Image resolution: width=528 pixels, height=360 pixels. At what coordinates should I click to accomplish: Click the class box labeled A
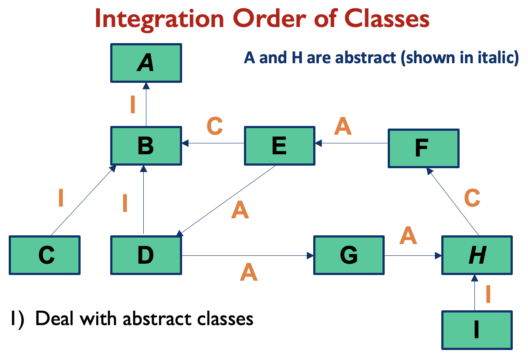146,63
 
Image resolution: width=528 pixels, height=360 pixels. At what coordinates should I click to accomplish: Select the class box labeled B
146,146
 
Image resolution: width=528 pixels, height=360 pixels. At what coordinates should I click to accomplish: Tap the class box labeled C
45,255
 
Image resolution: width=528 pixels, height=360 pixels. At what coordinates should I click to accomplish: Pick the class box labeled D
146,255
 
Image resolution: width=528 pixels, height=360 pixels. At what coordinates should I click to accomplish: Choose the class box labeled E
279,146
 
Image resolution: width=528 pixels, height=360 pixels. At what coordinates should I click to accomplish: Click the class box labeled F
423,148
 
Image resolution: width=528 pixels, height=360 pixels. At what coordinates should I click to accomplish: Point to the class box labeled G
349,255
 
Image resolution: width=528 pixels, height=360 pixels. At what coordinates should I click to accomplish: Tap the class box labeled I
477,330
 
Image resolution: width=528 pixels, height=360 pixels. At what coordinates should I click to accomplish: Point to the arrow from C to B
83,200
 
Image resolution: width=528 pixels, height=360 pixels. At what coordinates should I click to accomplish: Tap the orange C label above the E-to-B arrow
214,126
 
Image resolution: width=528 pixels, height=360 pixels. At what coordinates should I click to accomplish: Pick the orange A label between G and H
408,236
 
